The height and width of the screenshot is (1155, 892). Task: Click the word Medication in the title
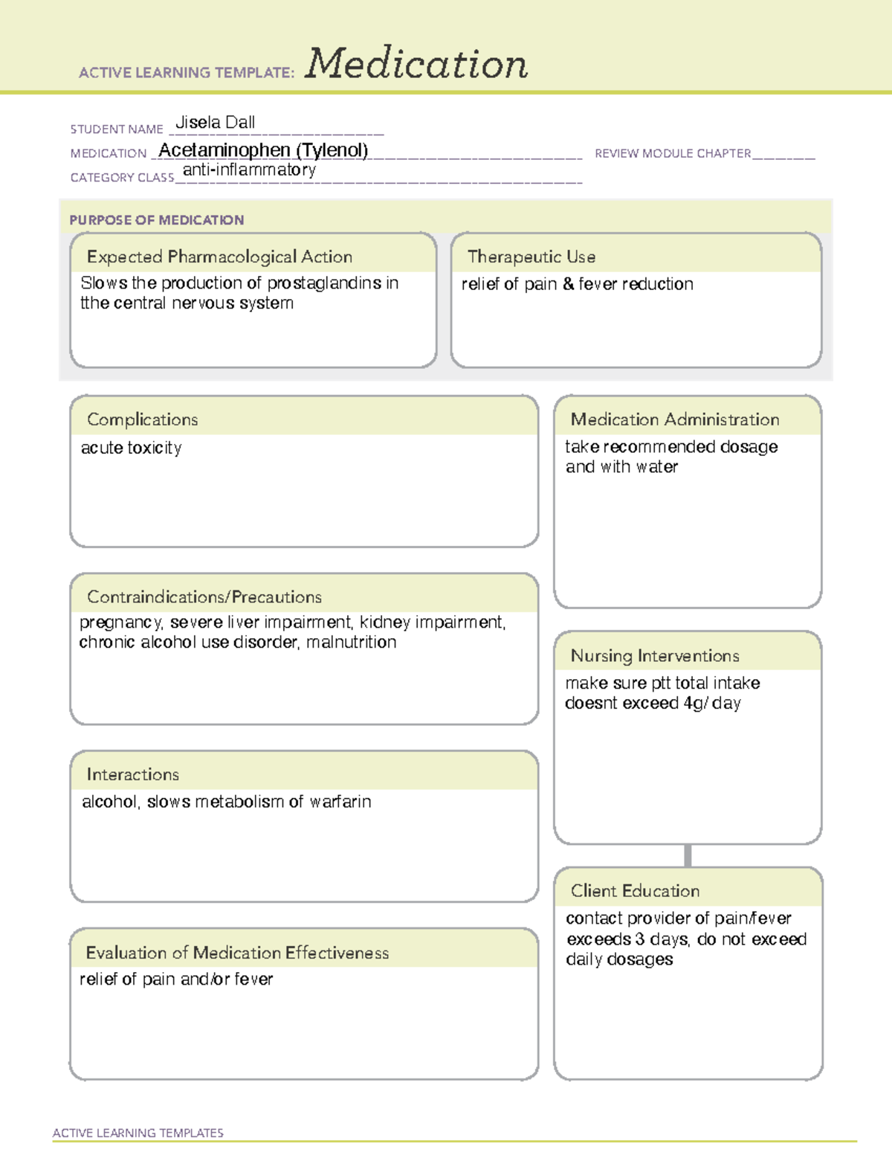tap(416, 64)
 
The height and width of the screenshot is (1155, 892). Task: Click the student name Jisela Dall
tap(215, 123)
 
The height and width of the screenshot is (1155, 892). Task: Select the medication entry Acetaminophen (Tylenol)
tap(263, 150)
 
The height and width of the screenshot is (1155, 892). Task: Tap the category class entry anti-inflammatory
tap(249, 170)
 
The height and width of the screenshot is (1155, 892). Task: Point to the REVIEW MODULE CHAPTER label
tap(673, 153)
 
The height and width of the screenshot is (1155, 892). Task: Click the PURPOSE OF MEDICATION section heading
tap(156, 220)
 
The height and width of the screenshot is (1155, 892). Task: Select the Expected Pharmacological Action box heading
tap(219, 257)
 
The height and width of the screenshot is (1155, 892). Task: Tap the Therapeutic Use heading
tap(531, 257)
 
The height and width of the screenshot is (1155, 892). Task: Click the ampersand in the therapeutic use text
tap(569, 284)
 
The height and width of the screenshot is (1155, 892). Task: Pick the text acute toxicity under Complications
tap(131, 448)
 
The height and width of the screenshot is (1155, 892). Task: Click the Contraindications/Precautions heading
tap(204, 596)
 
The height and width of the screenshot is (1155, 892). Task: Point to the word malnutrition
tap(351, 642)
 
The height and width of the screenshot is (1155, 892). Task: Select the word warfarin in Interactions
tap(340, 802)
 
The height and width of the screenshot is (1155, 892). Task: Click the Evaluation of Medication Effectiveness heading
tap(237, 953)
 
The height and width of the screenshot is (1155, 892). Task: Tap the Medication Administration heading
tap(674, 419)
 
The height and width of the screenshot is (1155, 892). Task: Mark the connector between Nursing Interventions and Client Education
tap(688, 855)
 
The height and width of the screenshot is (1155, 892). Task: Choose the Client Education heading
tap(635, 891)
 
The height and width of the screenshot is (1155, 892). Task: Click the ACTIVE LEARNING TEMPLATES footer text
tap(138, 1133)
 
